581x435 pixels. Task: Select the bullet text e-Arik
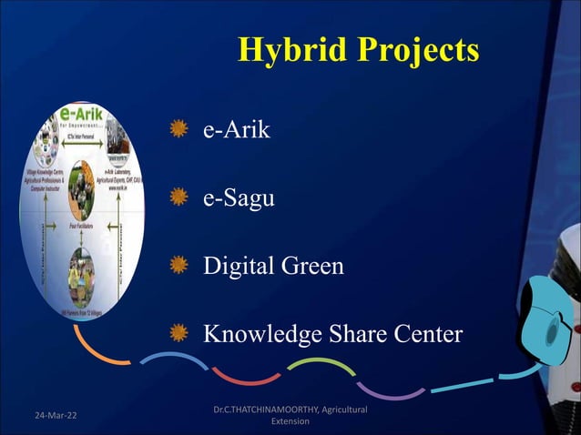(236, 130)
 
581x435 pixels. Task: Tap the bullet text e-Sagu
(239, 198)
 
